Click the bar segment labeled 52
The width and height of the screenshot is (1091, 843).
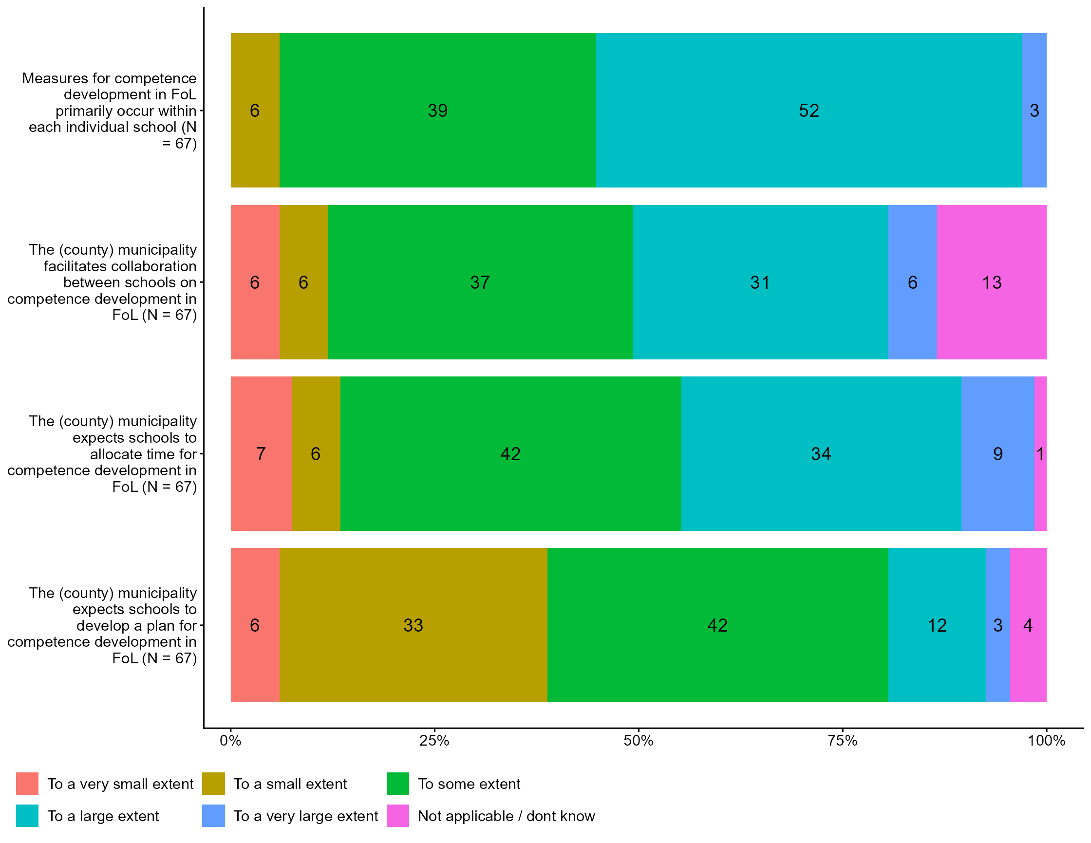pos(809,111)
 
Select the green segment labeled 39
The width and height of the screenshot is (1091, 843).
pos(437,111)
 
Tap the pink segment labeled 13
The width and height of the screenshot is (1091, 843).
pos(992,282)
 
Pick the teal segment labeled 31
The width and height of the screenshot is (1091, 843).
pos(760,282)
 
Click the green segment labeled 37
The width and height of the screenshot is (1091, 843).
pos(480,282)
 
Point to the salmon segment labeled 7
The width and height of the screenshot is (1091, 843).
pos(261,453)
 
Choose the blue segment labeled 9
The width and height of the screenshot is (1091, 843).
pos(997,453)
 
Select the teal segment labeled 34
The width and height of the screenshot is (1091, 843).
pos(821,453)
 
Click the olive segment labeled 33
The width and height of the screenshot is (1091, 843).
pos(413,625)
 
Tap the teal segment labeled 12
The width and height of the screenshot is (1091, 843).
pos(937,625)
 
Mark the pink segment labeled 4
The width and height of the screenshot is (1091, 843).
pos(1028,625)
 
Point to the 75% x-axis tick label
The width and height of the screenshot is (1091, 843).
pos(843,741)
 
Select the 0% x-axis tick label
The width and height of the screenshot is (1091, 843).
pos(230,741)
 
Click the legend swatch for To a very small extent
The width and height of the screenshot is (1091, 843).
pos(27,784)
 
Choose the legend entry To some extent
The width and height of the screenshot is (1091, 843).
pos(469,784)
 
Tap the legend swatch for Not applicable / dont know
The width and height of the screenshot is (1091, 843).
pos(397,816)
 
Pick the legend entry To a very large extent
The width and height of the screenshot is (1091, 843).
pos(305,816)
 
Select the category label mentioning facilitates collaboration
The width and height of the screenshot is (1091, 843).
pos(103,282)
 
